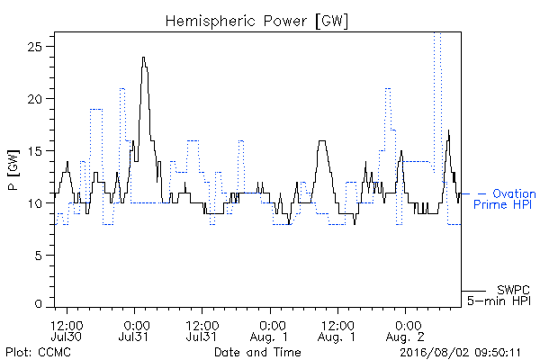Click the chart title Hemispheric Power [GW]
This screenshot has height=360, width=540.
tap(256, 22)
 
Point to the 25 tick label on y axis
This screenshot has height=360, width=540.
tap(34, 47)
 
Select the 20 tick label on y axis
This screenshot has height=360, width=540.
tap(34, 99)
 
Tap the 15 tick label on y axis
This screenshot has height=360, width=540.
tap(34, 151)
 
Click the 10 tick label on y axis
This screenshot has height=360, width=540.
tap(34, 203)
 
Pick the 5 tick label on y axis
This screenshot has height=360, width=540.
tap(38, 256)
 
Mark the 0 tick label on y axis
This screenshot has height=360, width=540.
tap(38, 304)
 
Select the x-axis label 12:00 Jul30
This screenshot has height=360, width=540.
tap(67, 330)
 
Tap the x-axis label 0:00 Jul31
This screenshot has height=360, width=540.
tap(134, 330)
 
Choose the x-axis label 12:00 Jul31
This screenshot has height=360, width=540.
tap(202, 330)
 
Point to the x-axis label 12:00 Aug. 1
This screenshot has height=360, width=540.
tap(337, 330)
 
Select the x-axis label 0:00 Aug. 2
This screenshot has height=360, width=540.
tap(405, 330)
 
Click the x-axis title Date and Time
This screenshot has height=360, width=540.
tap(257, 352)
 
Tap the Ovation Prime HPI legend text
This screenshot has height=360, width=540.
tap(504, 199)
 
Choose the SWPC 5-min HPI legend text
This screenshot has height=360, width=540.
tap(499, 295)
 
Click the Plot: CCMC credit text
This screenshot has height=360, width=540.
tap(38, 352)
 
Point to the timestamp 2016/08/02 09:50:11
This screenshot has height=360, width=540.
tap(460, 353)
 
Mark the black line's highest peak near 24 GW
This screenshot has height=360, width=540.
tap(144, 58)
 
